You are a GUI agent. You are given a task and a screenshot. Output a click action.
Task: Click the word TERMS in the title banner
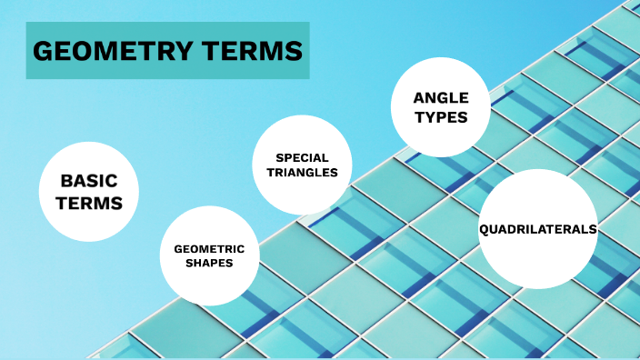(248, 52)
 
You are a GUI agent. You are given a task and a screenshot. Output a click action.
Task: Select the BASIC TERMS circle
(88, 191)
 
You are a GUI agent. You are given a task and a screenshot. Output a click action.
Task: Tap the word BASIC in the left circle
(89, 181)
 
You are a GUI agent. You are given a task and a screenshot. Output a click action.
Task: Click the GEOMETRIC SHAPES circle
(209, 255)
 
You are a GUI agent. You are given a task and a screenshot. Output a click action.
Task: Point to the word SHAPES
(209, 263)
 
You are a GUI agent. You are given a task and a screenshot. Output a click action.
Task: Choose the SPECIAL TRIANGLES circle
(302, 165)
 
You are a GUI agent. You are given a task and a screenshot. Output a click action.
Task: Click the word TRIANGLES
(302, 172)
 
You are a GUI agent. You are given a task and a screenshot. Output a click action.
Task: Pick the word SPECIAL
(302, 157)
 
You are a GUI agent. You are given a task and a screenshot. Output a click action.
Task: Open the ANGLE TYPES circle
(441, 106)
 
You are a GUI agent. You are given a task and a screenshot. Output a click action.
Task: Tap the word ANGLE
(441, 97)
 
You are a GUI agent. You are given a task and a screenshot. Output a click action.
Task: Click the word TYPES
(441, 116)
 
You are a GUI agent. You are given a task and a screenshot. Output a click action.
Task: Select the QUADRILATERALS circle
(537, 228)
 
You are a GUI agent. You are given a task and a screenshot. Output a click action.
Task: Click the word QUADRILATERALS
(537, 229)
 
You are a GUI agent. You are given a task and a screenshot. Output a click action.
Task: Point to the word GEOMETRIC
(209, 248)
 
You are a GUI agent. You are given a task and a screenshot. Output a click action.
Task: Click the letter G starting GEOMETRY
(42, 52)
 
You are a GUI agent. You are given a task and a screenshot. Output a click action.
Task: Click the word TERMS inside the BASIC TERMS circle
(89, 203)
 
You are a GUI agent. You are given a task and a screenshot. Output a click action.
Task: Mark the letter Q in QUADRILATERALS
(484, 229)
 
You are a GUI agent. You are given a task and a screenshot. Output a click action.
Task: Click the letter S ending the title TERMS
(294, 52)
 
